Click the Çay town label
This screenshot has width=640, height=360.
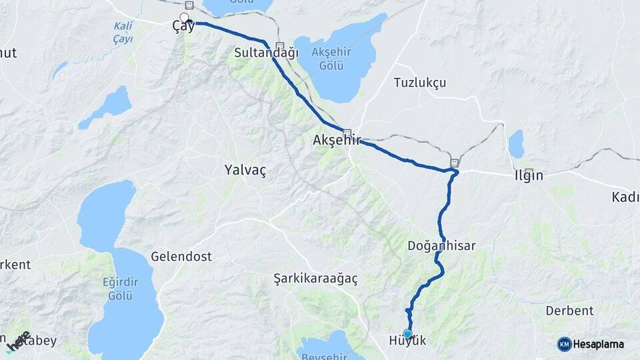click(183, 27)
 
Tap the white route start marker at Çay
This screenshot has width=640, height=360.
click(184, 18)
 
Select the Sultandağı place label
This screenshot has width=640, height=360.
click(267, 53)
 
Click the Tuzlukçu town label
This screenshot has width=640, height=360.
click(419, 83)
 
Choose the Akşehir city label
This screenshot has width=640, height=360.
click(336, 141)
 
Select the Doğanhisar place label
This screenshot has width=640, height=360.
click(441, 245)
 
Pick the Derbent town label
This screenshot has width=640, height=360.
click(569, 311)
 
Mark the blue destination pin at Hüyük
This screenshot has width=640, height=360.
click(407, 333)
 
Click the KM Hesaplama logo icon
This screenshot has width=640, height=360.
click(565, 344)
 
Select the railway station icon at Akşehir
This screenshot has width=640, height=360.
click(347, 132)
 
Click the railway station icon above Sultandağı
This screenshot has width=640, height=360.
click(279, 45)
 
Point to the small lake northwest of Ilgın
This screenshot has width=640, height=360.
click(516, 143)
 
